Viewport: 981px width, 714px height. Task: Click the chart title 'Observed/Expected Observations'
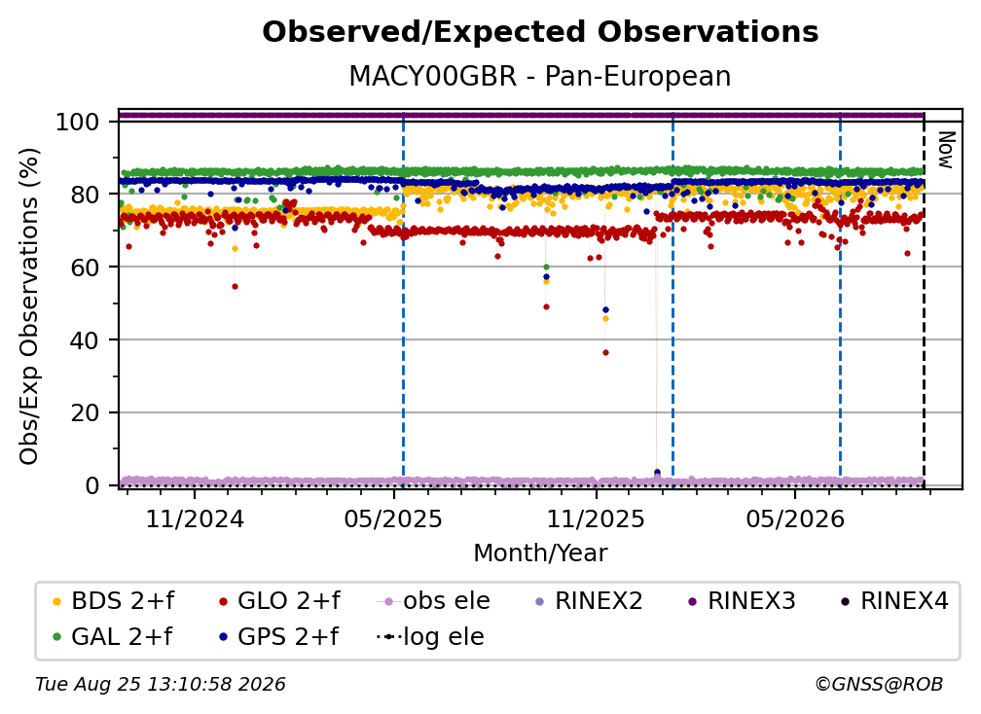[x=540, y=32]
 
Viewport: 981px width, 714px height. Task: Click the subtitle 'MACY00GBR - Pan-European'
[x=540, y=77]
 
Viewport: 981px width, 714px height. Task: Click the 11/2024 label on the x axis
[x=195, y=519]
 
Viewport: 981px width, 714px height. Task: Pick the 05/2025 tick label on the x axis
[x=393, y=519]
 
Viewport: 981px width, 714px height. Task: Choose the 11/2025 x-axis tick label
[x=596, y=519]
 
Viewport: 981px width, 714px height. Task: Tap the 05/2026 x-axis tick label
[x=794, y=519]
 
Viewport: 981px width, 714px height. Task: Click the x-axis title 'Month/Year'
[x=540, y=553]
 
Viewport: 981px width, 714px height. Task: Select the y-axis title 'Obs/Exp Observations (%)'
[x=29, y=306]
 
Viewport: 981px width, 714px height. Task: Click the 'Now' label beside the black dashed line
[x=946, y=150]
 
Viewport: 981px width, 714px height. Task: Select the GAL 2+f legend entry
[x=113, y=637]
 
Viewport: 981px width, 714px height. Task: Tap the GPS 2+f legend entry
[x=279, y=637]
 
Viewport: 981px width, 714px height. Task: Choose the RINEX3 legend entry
[x=742, y=601]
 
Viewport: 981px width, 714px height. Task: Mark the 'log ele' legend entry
[x=431, y=637]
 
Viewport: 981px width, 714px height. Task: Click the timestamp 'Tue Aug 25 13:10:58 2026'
[x=161, y=685]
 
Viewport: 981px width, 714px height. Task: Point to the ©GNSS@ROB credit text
[x=879, y=685]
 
